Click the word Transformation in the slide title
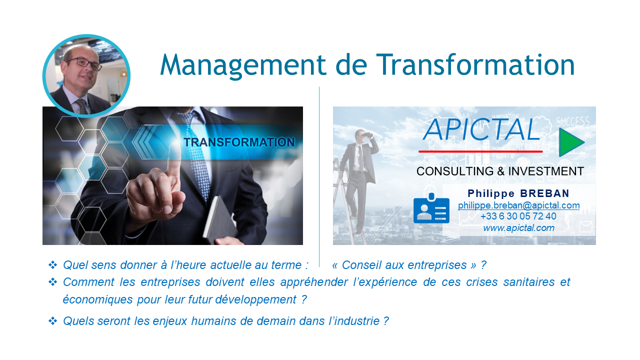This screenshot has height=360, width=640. coord(475,64)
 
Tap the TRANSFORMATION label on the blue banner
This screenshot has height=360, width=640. coord(239,142)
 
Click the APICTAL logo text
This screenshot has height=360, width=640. coord(481,129)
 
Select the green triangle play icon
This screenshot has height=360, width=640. coord(570,142)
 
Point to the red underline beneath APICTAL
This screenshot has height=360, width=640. coord(480,151)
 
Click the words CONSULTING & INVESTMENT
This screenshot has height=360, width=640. coord(500,171)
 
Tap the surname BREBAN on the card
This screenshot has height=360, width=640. coord(544,193)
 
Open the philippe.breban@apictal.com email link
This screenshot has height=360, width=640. coord(518,205)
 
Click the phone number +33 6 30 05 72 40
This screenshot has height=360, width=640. coord(518,216)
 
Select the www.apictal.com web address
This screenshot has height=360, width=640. coord(518,227)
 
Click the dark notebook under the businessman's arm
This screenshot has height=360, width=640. coord(220,219)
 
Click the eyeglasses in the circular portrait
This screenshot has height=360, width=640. coord(83,63)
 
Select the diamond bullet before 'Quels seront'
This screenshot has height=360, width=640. coord(53,321)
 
